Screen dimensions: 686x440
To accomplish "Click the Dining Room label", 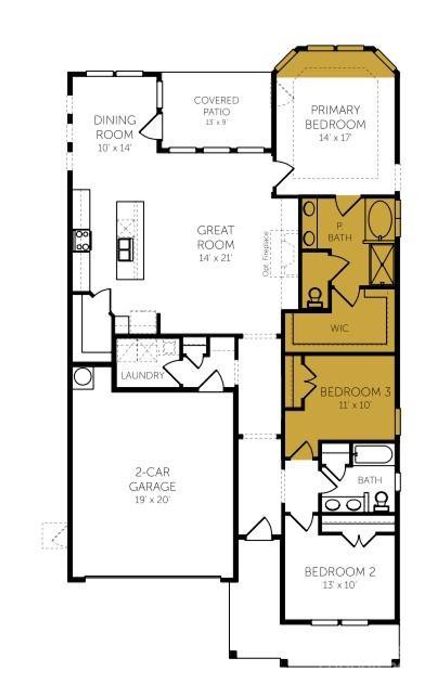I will click(115, 127).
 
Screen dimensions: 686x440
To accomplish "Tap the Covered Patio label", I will click(216, 106).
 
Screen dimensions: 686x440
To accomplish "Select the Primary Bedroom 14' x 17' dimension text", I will click(335, 138).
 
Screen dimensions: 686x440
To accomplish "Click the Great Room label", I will click(216, 237).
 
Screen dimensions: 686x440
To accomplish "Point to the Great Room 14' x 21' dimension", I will click(216, 257).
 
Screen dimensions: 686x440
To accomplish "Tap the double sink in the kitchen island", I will click(125, 249).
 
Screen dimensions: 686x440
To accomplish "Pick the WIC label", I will click(339, 328).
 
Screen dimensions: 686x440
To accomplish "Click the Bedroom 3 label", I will click(355, 392).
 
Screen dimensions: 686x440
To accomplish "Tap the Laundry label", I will click(142, 376).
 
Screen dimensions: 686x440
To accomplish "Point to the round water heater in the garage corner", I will click(83, 377).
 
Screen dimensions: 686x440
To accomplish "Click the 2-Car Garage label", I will click(152, 479).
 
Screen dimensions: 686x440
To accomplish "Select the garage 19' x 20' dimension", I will click(152, 499).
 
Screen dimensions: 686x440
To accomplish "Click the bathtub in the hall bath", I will click(373, 454).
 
